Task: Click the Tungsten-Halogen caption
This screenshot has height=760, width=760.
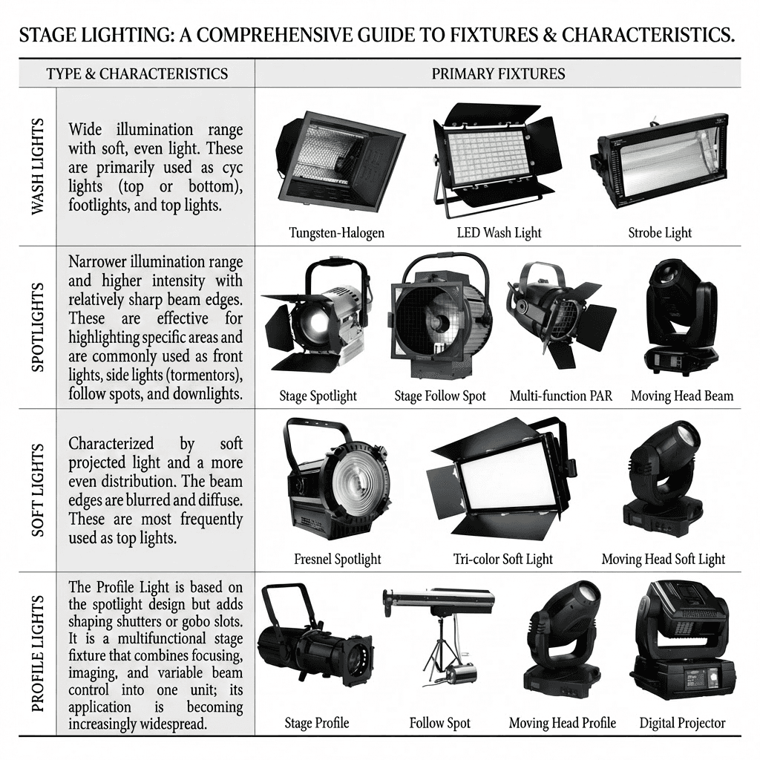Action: pyautogui.click(x=337, y=232)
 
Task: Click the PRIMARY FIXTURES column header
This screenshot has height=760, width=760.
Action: pyautogui.click(x=498, y=73)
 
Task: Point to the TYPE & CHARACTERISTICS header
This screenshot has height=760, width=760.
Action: pyautogui.click(x=137, y=73)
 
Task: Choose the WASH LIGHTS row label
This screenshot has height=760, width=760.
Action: pyautogui.click(x=38, y=166)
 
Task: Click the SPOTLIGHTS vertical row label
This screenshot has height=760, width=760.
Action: pyautogui.click(x=38, y=327)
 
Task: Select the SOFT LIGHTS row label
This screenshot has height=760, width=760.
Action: pyautogui.click(x=38, y=490)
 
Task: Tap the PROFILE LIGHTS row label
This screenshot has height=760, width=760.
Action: pyautogui.click(x=38, y=654)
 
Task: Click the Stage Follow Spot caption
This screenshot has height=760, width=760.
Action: pyautogui.click(x=440, y=396)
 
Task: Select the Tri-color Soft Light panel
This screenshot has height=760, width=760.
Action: pyautogui.click(x=497, y=479)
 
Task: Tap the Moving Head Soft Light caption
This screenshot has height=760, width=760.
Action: pyautogui.click(x=663, y=559)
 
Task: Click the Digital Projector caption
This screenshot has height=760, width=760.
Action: pyautogui.click(x=682, y=722)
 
